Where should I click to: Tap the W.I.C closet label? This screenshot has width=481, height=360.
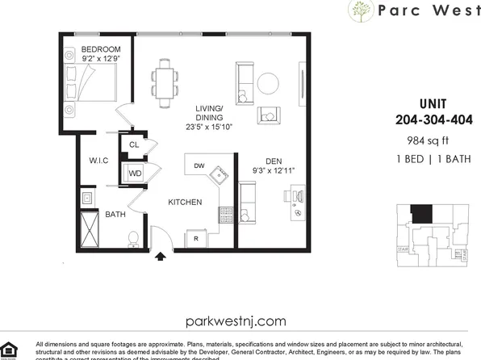(x=99, y=161)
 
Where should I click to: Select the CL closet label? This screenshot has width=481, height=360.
(x=134, y=145)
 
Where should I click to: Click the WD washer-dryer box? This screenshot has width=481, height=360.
(x=135, y=172)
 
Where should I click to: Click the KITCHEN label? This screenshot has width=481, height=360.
(x=185, y=202)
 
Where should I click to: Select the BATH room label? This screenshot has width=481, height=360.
(x=114, y=214)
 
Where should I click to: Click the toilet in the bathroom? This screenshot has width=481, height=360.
(x=134, y=238)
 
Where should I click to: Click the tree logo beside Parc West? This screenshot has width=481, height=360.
(x=360, y=11)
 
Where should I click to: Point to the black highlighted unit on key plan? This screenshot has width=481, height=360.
(x=420, y=215)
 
